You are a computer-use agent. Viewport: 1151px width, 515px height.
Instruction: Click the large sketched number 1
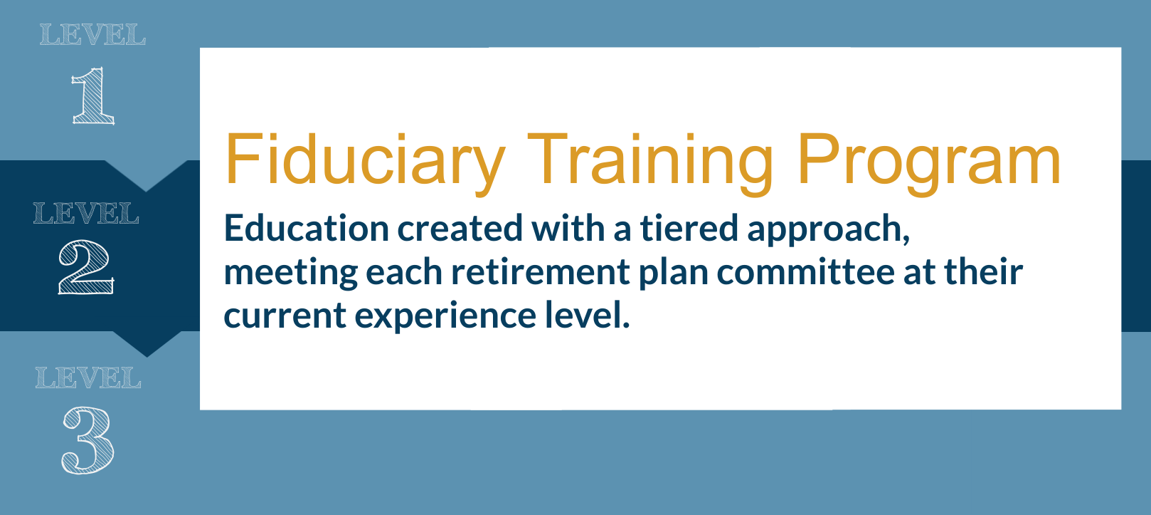pyautogui.click(x=93, y=95)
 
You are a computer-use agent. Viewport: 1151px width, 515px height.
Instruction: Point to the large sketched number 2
pyautogui.click(x=86, y=267)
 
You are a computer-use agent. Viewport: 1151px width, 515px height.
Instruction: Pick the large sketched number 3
pyautogui.click(x=87, y=440)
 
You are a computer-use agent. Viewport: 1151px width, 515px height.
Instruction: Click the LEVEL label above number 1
pyautogui.click(x=93, y=35)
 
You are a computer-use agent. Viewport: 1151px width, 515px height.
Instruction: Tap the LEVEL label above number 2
pyautogui.click(x=86, y=213)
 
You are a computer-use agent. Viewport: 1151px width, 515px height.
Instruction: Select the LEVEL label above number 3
pyautogui.click(x=88, y=378)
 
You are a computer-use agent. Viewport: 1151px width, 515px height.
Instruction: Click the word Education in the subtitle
pyautogui.click(x=307, y=228)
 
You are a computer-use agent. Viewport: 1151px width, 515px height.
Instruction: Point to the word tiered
pyautogui.click(x=689, y=228)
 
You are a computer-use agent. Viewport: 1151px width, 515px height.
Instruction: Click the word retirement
pyautogui.click(x=541, y=272)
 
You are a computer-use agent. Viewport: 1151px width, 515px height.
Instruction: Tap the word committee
pyautogui.click(x=806, y=272)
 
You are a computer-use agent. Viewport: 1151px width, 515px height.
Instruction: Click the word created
pyautogui.click(x=460, y=228)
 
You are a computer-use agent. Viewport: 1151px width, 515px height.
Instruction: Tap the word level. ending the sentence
pyautogui.click(x=588, y=315)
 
